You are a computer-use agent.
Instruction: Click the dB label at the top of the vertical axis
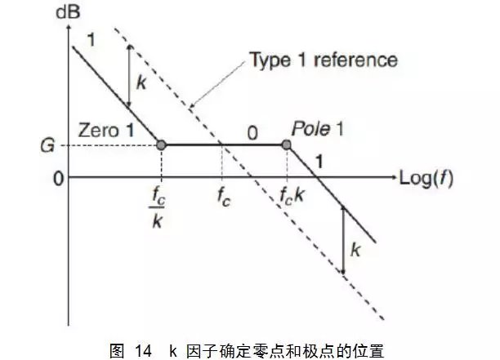pos(68,12)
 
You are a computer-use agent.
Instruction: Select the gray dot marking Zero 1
pos(161,145)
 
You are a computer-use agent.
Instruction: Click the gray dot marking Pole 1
pos(286,145)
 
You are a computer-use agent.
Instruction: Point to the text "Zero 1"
pos(106,131)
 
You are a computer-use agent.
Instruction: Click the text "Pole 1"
pos(318,129)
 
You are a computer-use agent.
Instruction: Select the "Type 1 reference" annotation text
pos(324,60)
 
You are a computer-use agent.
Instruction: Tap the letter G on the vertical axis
pos(47,146)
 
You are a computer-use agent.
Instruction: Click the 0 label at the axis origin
pos(58,179)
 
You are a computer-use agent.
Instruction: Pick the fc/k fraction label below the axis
pos(157,207)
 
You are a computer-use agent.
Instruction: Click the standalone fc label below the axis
pos(224,197)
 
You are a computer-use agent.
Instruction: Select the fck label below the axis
pos(292,195)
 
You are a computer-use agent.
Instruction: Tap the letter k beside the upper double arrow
pos(141,82)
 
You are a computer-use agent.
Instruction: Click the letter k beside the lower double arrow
pos(355,249)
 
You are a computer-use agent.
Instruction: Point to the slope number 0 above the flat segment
pos(252,133)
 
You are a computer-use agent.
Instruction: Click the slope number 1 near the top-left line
pos(92,40)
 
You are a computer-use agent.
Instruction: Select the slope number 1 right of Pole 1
pos(319,161)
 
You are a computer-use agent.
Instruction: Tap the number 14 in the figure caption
pos(143,351)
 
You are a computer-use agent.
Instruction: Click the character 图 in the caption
pos(117,351)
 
